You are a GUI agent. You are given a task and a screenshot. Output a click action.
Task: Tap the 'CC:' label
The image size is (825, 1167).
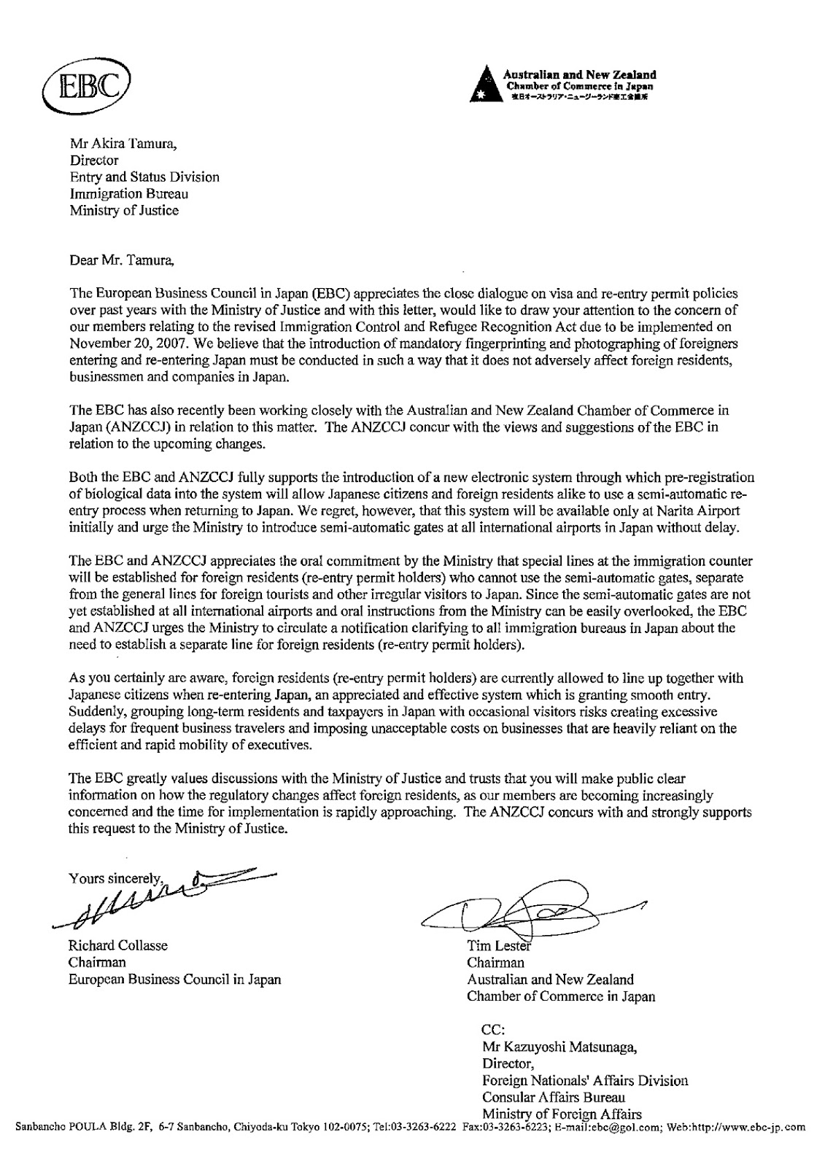(x=495, y=1031)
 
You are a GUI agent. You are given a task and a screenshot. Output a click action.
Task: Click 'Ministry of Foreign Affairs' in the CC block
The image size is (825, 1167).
(x=562, y=1114)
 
